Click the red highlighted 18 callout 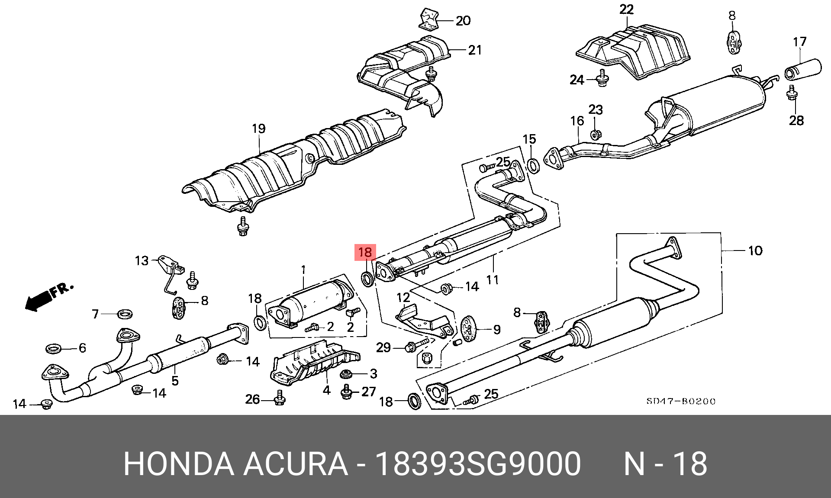[x=365, y=252]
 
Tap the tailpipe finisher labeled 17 [x=803, y=69]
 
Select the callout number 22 [x=626, y=10]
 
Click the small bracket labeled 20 [x=429, y=21]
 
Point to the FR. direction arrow [x=48, y=296]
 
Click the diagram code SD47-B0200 [x=681, y=401]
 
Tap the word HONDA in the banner [x=178, y=464]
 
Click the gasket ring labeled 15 [x=533, y=165]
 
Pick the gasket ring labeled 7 [x=125, y=314]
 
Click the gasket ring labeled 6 [x=54, y=348]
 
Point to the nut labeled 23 [x=595, y=135]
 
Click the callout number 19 [x=258, y=129]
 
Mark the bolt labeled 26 [x=280, y=398]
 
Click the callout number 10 [x=755, y=251]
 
